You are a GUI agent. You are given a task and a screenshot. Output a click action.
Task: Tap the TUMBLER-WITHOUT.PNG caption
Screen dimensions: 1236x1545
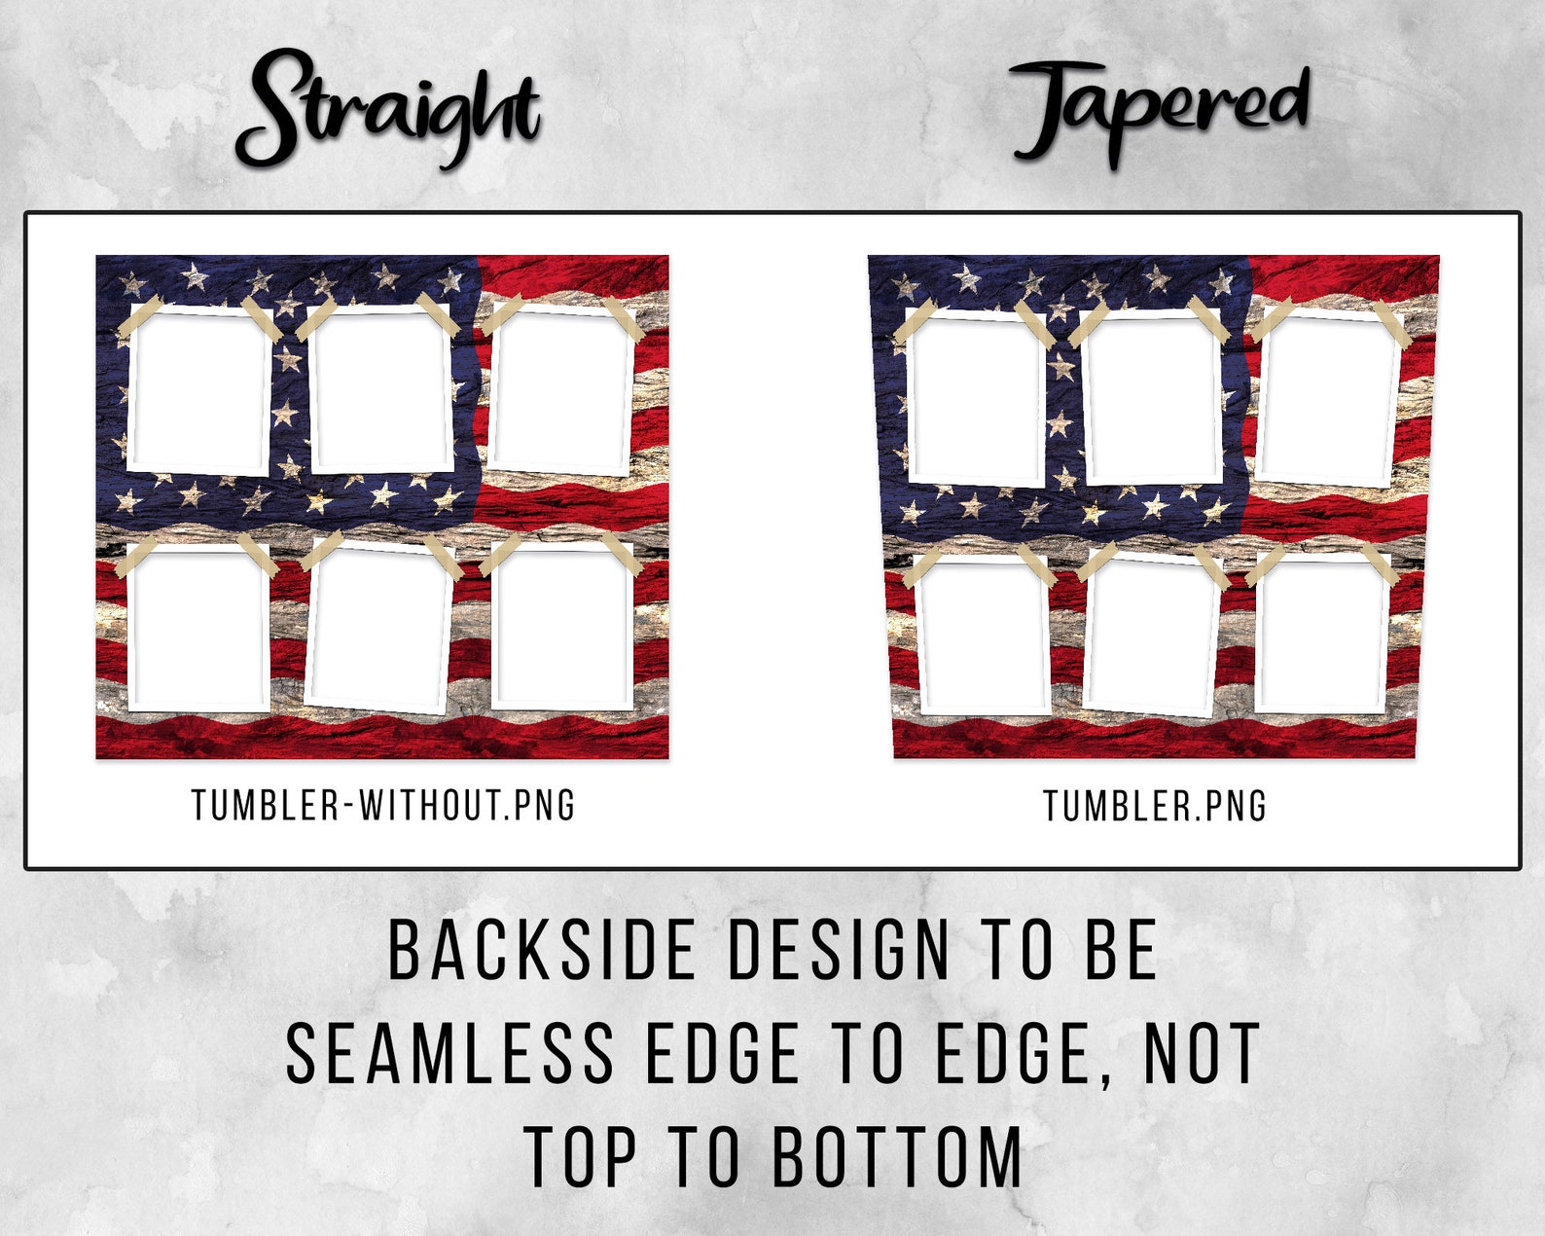383,806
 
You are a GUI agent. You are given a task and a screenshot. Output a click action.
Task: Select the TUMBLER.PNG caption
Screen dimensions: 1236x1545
1155,806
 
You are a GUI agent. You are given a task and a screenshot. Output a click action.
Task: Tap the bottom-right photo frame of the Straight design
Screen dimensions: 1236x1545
561,628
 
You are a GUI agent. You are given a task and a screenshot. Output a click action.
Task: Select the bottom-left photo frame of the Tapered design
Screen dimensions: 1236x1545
983,637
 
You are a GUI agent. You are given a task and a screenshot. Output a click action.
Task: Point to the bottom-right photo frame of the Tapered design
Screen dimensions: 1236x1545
1320,637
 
